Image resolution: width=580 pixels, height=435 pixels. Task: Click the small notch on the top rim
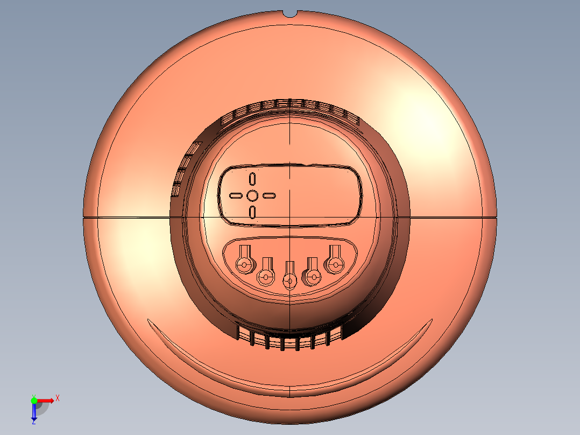tap(290, 14)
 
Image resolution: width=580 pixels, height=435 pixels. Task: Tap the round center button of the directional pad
tap(252, 195)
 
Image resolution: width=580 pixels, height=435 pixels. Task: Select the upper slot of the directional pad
tap(252, 179)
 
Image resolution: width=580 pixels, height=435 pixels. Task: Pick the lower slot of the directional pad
tap(252, 213)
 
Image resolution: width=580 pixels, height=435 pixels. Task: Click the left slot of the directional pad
tap(236, 195)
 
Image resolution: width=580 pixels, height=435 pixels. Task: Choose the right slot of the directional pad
tap(269, 195)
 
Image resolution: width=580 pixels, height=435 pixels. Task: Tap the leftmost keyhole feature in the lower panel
tap(245, 260)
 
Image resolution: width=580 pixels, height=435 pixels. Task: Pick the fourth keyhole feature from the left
tap(312, 272)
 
